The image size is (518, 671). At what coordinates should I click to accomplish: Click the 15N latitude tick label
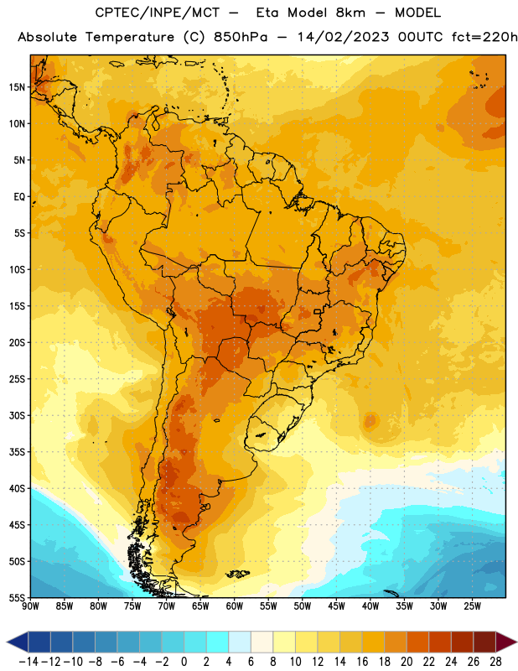[17, 87]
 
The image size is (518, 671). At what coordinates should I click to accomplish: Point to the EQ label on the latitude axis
[19, 197]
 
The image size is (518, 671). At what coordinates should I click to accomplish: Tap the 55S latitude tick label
[17, 597]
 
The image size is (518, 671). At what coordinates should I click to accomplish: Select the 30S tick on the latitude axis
[17, 415]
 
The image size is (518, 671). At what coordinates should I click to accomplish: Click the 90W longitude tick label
[30, 606]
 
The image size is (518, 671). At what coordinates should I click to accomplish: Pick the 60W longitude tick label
[235, 606]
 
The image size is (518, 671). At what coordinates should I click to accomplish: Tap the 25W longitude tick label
[472, 606]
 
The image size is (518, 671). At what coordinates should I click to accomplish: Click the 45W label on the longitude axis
[336, 606]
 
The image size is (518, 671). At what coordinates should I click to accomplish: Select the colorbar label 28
[495, 662]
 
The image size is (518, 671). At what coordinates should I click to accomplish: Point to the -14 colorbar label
[28, 662]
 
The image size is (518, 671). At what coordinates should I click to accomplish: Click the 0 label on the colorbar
[184, 662]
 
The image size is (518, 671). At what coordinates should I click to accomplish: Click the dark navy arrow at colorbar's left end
[18, 642]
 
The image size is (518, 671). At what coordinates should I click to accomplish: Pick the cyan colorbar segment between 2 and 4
[217, 642]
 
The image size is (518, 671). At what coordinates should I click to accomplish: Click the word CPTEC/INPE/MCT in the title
[158, 13]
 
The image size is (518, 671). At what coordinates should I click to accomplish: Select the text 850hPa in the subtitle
[240, 37]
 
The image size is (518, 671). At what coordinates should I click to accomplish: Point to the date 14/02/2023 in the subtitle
[343, 37]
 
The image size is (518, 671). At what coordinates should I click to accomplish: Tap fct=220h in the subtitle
[484, 37]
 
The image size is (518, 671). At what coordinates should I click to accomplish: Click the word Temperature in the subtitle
[130, 38]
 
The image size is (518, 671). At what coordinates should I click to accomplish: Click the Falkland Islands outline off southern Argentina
[238, 574]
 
